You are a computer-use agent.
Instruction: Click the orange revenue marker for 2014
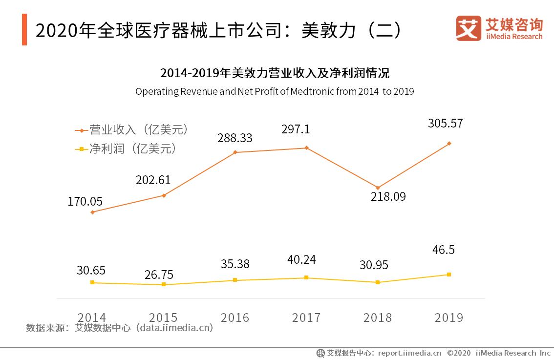[x=92, y=212]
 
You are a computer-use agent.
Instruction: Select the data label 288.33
[x=235, y=138]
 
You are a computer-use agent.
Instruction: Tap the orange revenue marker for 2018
[x=378, y=188]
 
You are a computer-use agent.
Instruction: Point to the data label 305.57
[x=445, y=124]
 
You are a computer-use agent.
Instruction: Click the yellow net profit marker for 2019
[x=449, y=275]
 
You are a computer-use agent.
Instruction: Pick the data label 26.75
[x=159, y=275]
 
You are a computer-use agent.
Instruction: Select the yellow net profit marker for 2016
[x=235, y=280]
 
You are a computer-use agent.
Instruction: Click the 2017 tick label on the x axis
[x=306, y=318]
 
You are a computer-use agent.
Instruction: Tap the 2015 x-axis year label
[x=164, y=318]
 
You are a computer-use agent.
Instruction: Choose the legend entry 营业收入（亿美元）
[x=132, y=130]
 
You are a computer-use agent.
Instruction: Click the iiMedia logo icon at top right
[x=468, y=28]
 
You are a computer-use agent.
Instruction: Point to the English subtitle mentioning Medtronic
[x=275, y=91]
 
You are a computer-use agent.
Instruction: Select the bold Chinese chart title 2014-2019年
[x=275, y=74]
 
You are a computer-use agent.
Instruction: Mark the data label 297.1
[x=296, y=130]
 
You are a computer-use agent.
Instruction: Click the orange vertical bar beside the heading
[x=24, y=30]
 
